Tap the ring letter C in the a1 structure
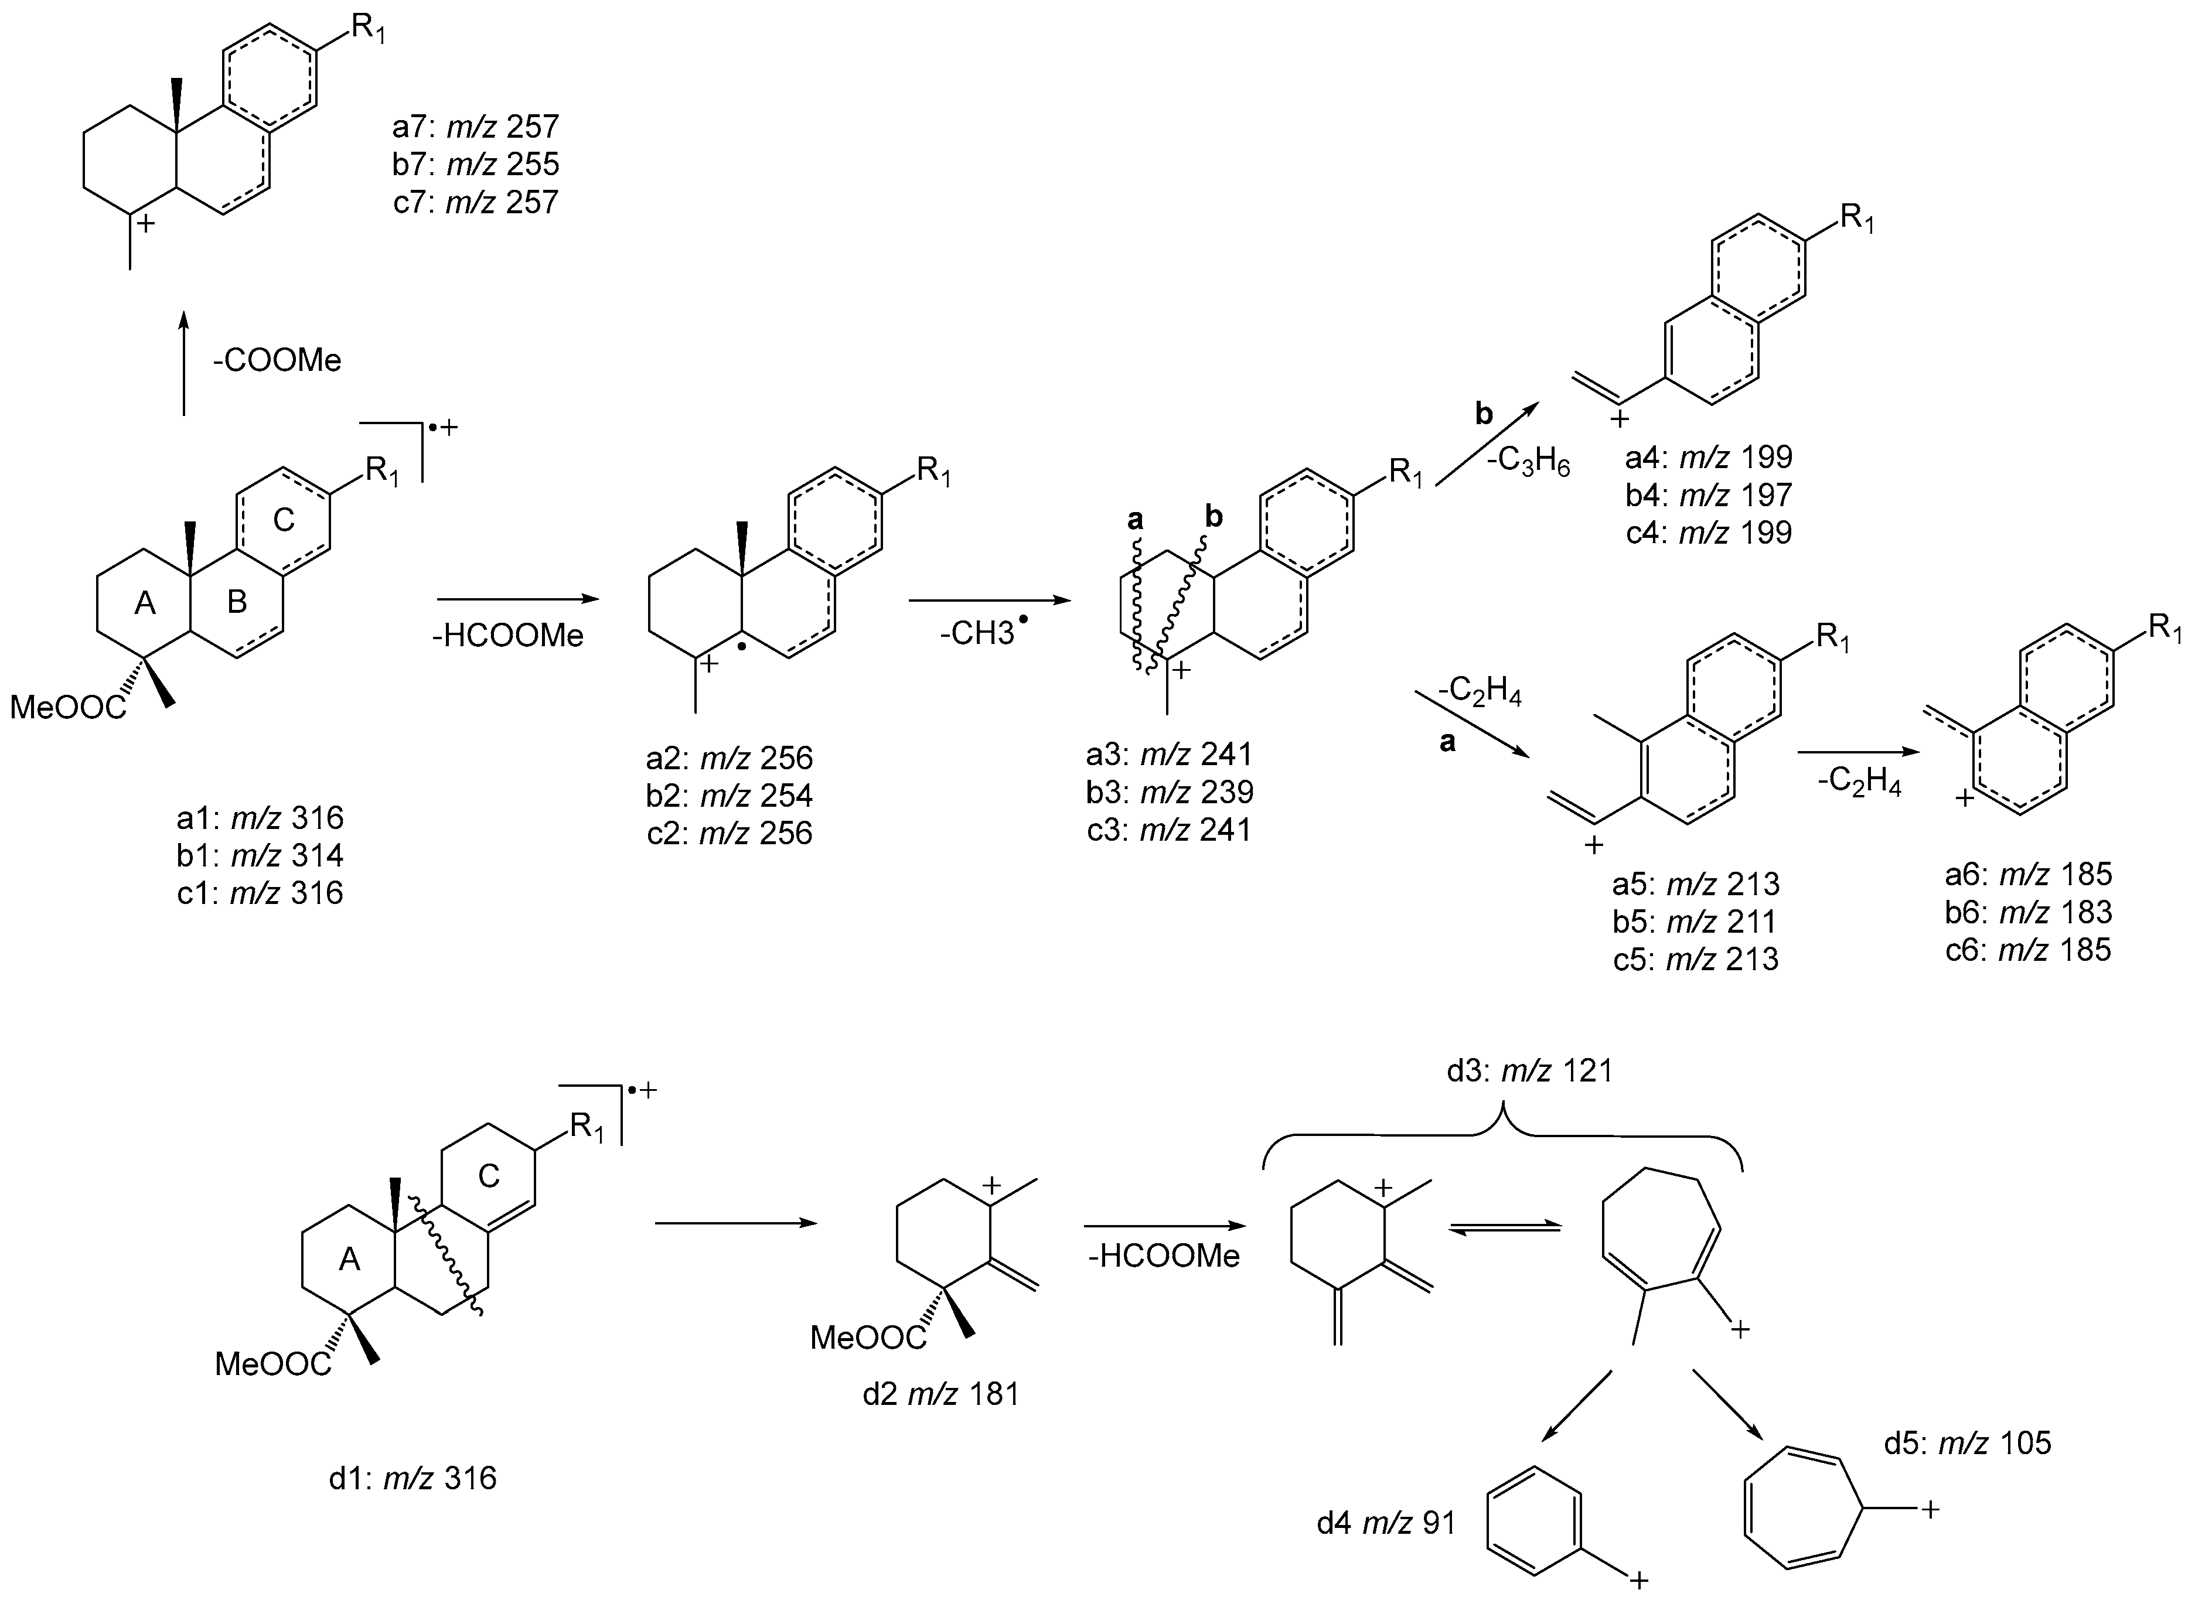coord(284,520)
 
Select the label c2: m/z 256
coord(730,833)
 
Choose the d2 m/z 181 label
coord(940,1395)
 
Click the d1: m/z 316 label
coord(413,1479)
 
